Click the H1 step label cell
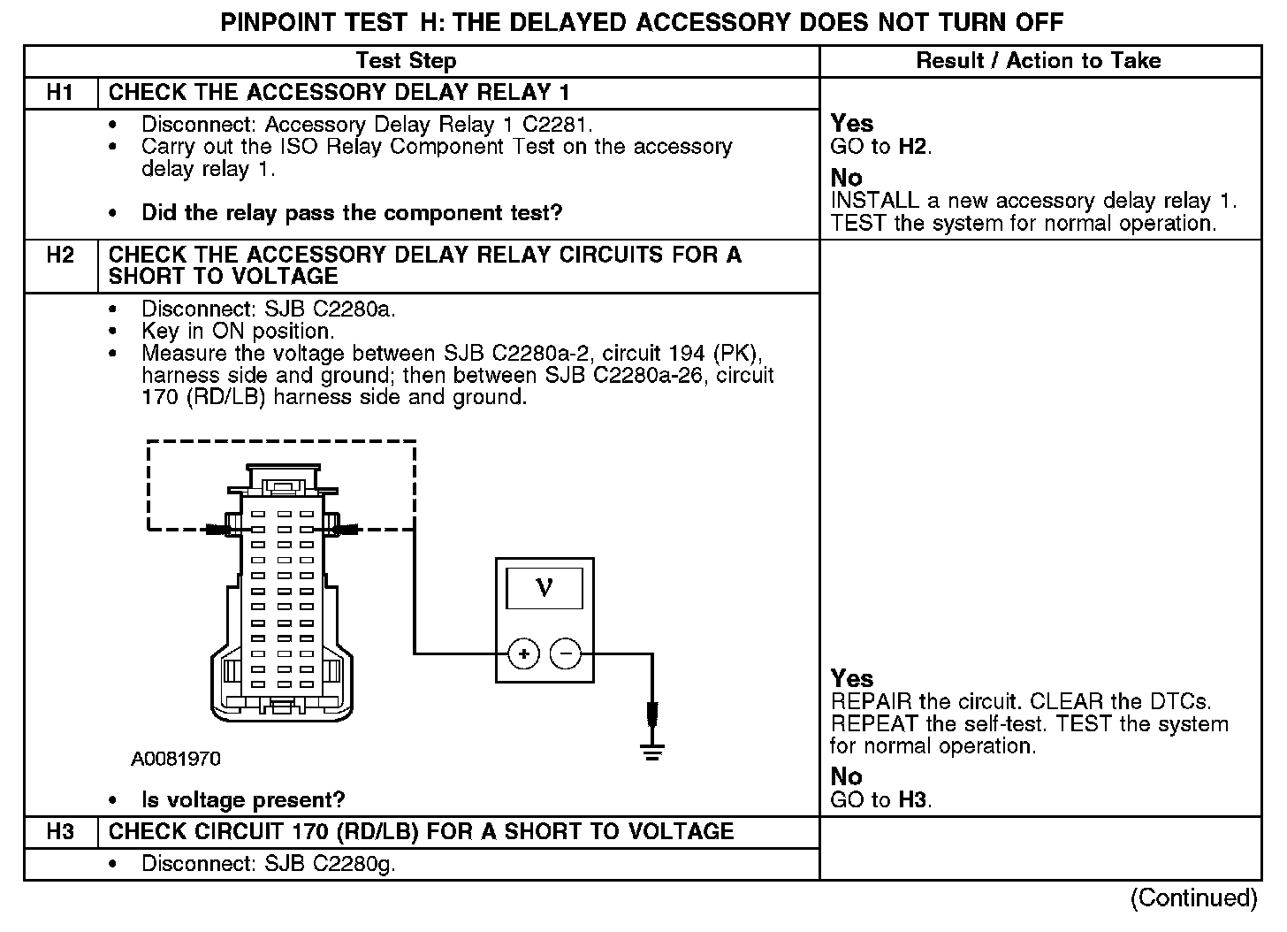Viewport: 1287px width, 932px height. pos(60,93)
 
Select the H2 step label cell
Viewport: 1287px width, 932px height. pos(60,256)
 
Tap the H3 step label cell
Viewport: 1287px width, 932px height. pos(60,832)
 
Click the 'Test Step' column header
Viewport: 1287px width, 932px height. pos(406,61)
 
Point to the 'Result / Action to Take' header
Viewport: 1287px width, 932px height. pos(1039,61)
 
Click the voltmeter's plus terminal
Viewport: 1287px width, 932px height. pos(524,654)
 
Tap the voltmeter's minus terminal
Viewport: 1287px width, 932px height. pos(566,654)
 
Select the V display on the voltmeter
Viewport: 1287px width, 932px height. pos(544,587)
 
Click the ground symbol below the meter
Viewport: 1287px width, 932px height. pos(652,752)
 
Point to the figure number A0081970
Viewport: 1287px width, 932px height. pos(176,760)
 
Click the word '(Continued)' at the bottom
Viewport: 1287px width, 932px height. pos(1193,898)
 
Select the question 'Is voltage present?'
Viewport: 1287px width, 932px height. pos(243,800)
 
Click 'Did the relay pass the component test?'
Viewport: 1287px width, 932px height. pos(352,213)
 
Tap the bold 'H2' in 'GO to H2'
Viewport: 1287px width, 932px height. pos(914,146)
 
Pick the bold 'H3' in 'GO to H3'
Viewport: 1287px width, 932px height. pos(914,800)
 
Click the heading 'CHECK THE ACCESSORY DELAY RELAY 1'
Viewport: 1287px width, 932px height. pos(339,93)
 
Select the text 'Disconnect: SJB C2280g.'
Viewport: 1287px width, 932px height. pos(268,864)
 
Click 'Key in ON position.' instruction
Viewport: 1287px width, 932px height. pos(238,332)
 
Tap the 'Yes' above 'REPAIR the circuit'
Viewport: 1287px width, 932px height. pos(852,679)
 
